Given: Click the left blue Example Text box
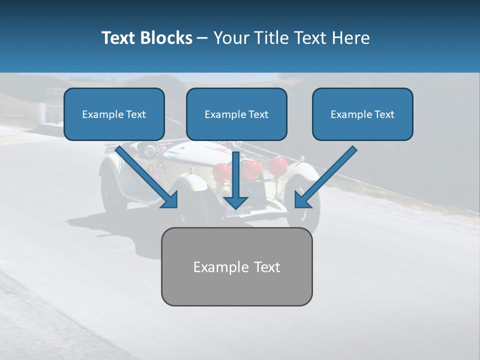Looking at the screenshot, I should tap(114, 114).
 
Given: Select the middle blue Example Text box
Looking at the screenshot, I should tap(236, 114).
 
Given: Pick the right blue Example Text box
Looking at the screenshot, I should tap(362, 114).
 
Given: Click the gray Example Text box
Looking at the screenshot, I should tap(236, 266).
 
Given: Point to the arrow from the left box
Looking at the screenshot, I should tap(145, 175).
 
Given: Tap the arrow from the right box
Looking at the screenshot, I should tap(327, 175).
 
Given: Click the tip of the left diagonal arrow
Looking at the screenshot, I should tap(176, 206).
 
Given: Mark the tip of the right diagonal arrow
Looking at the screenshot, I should tap(296, 206).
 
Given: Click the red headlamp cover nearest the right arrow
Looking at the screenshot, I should tap(278, 165).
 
